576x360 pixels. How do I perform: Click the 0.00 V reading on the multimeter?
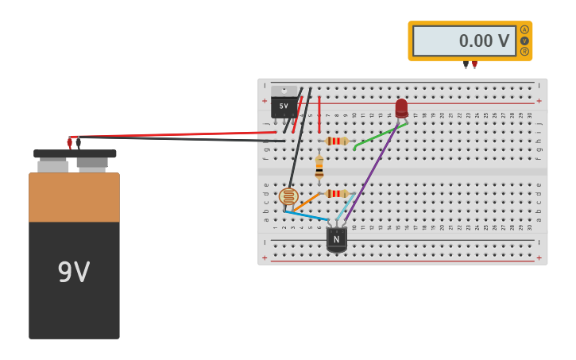click(484, 41)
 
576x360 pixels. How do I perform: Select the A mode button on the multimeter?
click(524, 29)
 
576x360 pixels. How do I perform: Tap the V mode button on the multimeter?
click(524, 41)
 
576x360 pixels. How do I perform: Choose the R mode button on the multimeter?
click(524, 52)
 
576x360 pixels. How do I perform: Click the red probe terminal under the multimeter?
click(474, 64)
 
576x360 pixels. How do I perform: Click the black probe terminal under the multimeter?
click(466, 64)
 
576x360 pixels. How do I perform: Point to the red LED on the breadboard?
click(401, 108)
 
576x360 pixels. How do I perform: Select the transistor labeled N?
click(337, 238)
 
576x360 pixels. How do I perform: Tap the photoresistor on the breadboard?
click(288, 196)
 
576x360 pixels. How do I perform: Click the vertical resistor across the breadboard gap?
click(319, 167)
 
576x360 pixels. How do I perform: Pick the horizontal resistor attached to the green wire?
click(337, 141)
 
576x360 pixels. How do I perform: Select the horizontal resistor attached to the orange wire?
click(337, 193)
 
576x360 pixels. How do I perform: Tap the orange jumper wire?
click(307, 202)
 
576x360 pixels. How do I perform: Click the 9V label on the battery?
click(74, 273)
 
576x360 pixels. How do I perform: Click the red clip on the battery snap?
click(69, 143)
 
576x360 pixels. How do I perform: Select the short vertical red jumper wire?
click(319, 114)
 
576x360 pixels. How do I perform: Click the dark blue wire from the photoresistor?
click(306, 215)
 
